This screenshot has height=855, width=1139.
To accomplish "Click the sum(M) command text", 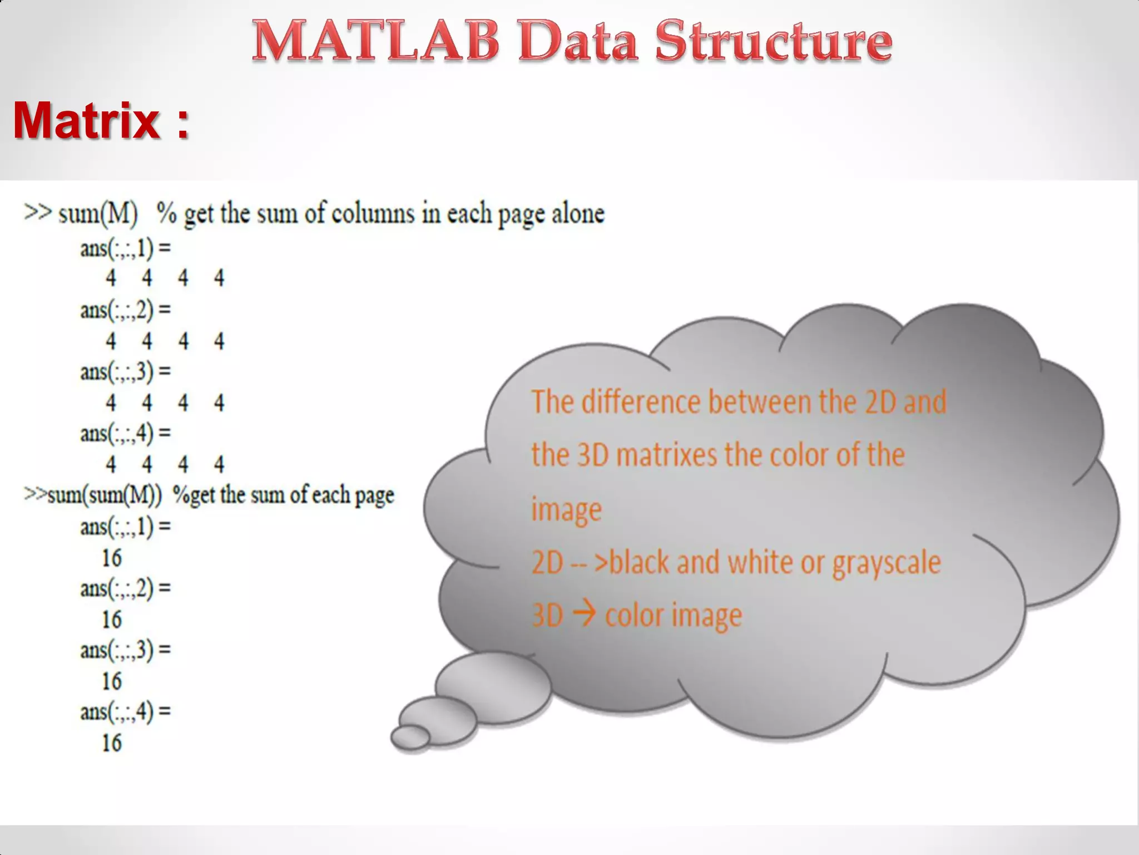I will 98,213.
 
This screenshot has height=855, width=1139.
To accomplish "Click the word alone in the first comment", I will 578,213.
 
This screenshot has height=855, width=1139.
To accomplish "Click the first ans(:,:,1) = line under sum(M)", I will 126,248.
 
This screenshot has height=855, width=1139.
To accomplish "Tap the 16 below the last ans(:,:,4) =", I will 112,743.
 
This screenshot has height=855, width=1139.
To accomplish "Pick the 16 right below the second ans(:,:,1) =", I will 112,558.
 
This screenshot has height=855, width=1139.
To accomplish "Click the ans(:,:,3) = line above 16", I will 126,650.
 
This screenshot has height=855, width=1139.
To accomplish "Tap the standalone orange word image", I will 566,509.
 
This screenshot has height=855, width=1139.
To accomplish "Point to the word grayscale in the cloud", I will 887,562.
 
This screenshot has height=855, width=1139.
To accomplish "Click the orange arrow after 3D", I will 584,615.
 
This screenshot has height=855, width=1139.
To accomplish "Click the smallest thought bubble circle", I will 410,737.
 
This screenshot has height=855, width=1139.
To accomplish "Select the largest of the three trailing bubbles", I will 493,687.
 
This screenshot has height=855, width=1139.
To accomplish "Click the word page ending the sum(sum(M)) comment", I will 374,495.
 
